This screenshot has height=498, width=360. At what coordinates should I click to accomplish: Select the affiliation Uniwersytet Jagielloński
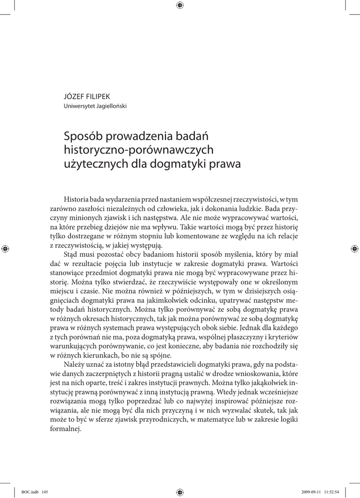[x=95, y=107]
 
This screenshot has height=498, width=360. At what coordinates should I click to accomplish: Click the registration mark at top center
[x=180, y=5]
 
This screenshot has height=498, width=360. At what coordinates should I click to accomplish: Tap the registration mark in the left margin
[x=5, y=249]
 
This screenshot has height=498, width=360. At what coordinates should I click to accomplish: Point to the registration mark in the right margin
[x=354, y=249]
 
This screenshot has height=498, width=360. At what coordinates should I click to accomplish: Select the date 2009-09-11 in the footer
[x=311, y=492]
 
